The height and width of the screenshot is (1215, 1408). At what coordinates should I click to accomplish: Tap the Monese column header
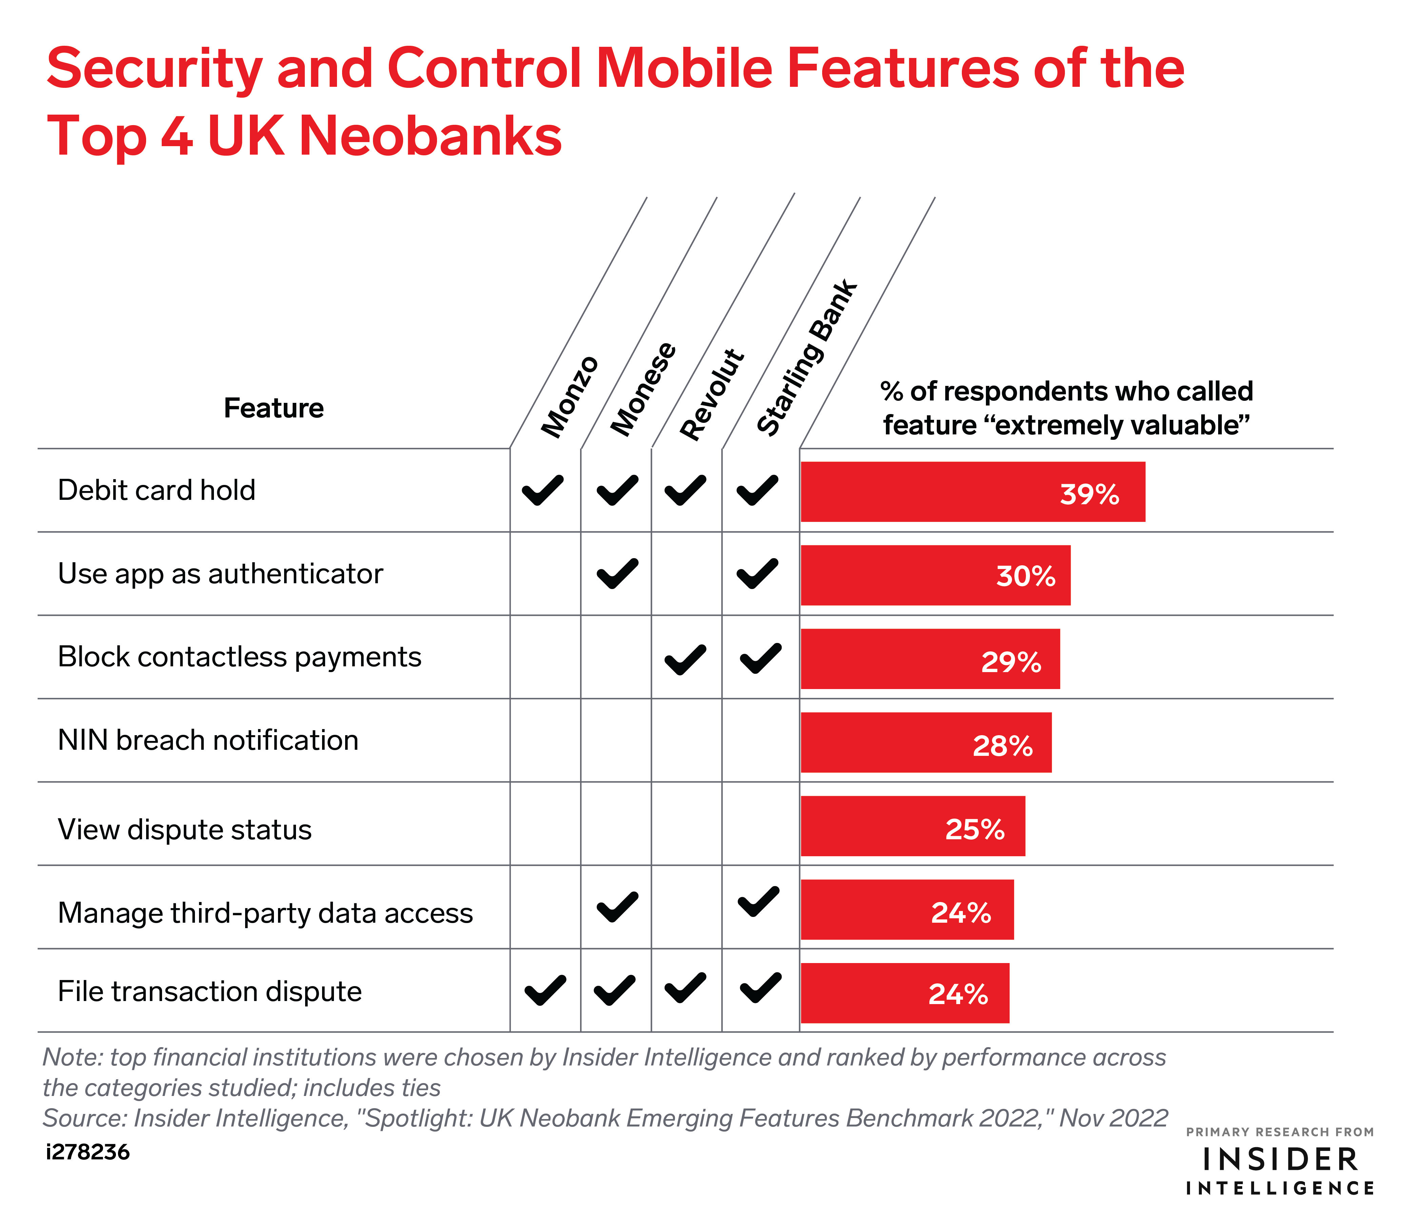643,389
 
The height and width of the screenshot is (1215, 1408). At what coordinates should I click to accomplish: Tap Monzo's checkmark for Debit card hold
543,490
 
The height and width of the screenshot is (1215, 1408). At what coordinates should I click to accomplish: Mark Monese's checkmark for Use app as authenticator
617,573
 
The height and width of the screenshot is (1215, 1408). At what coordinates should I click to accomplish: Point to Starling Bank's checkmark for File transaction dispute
760,988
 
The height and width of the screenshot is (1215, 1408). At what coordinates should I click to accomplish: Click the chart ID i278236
88,1152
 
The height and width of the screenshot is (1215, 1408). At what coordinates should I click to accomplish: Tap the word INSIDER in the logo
1280,1159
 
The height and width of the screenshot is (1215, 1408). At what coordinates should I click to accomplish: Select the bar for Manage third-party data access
907,909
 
